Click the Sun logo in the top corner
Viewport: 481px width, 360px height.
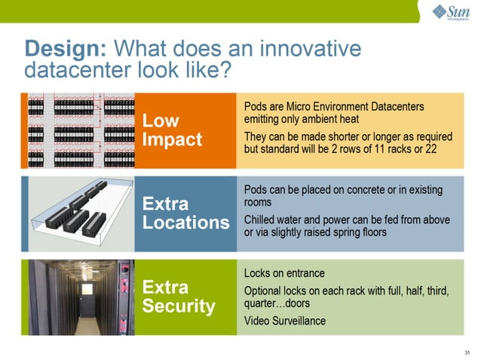[x=450, y=13]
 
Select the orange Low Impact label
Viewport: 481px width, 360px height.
[x=173, y=130]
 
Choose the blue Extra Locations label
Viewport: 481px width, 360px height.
[x=185, y=213]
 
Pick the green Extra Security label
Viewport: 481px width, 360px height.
[x=179, y=297]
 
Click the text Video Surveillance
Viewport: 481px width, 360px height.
[x=285, y=321]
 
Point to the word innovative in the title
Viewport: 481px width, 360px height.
[x=310, y=49]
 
